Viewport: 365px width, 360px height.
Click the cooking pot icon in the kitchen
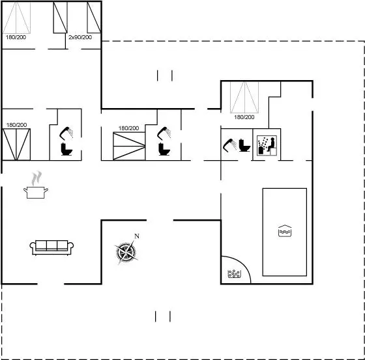[x=36, y=192]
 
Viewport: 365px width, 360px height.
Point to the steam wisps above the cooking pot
[x=36, y=178]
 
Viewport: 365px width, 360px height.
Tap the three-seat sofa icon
[x=51, y=247]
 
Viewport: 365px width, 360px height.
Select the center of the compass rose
[x=126, y=252]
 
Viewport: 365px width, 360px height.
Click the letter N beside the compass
[x=137, y=236]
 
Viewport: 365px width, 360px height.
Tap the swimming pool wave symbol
[x=285, y=231]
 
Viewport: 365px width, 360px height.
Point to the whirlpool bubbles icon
[x=234, y=273]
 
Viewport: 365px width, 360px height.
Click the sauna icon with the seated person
[x=267, y=145]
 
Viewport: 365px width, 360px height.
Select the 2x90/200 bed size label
[x=80, y=37]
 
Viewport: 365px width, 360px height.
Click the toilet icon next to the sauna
[x=244, y=145]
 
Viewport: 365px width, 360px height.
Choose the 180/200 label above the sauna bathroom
[x=244, y=117]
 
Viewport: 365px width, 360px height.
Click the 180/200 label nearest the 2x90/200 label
[x=16, y=37]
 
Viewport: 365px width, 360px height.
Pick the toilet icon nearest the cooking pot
[x=66, y=149]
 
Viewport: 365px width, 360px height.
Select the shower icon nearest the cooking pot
[x=66, y=133]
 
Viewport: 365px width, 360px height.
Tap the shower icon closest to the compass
[x=164, y=133]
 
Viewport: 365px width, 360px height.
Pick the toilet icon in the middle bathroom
[x=164, y=149]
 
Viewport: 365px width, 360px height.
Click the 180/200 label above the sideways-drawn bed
[x=129, y=128]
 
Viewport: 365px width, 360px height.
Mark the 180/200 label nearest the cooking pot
[x=16, y=125]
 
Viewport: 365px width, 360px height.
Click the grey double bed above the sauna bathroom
[x=244, y=97]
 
